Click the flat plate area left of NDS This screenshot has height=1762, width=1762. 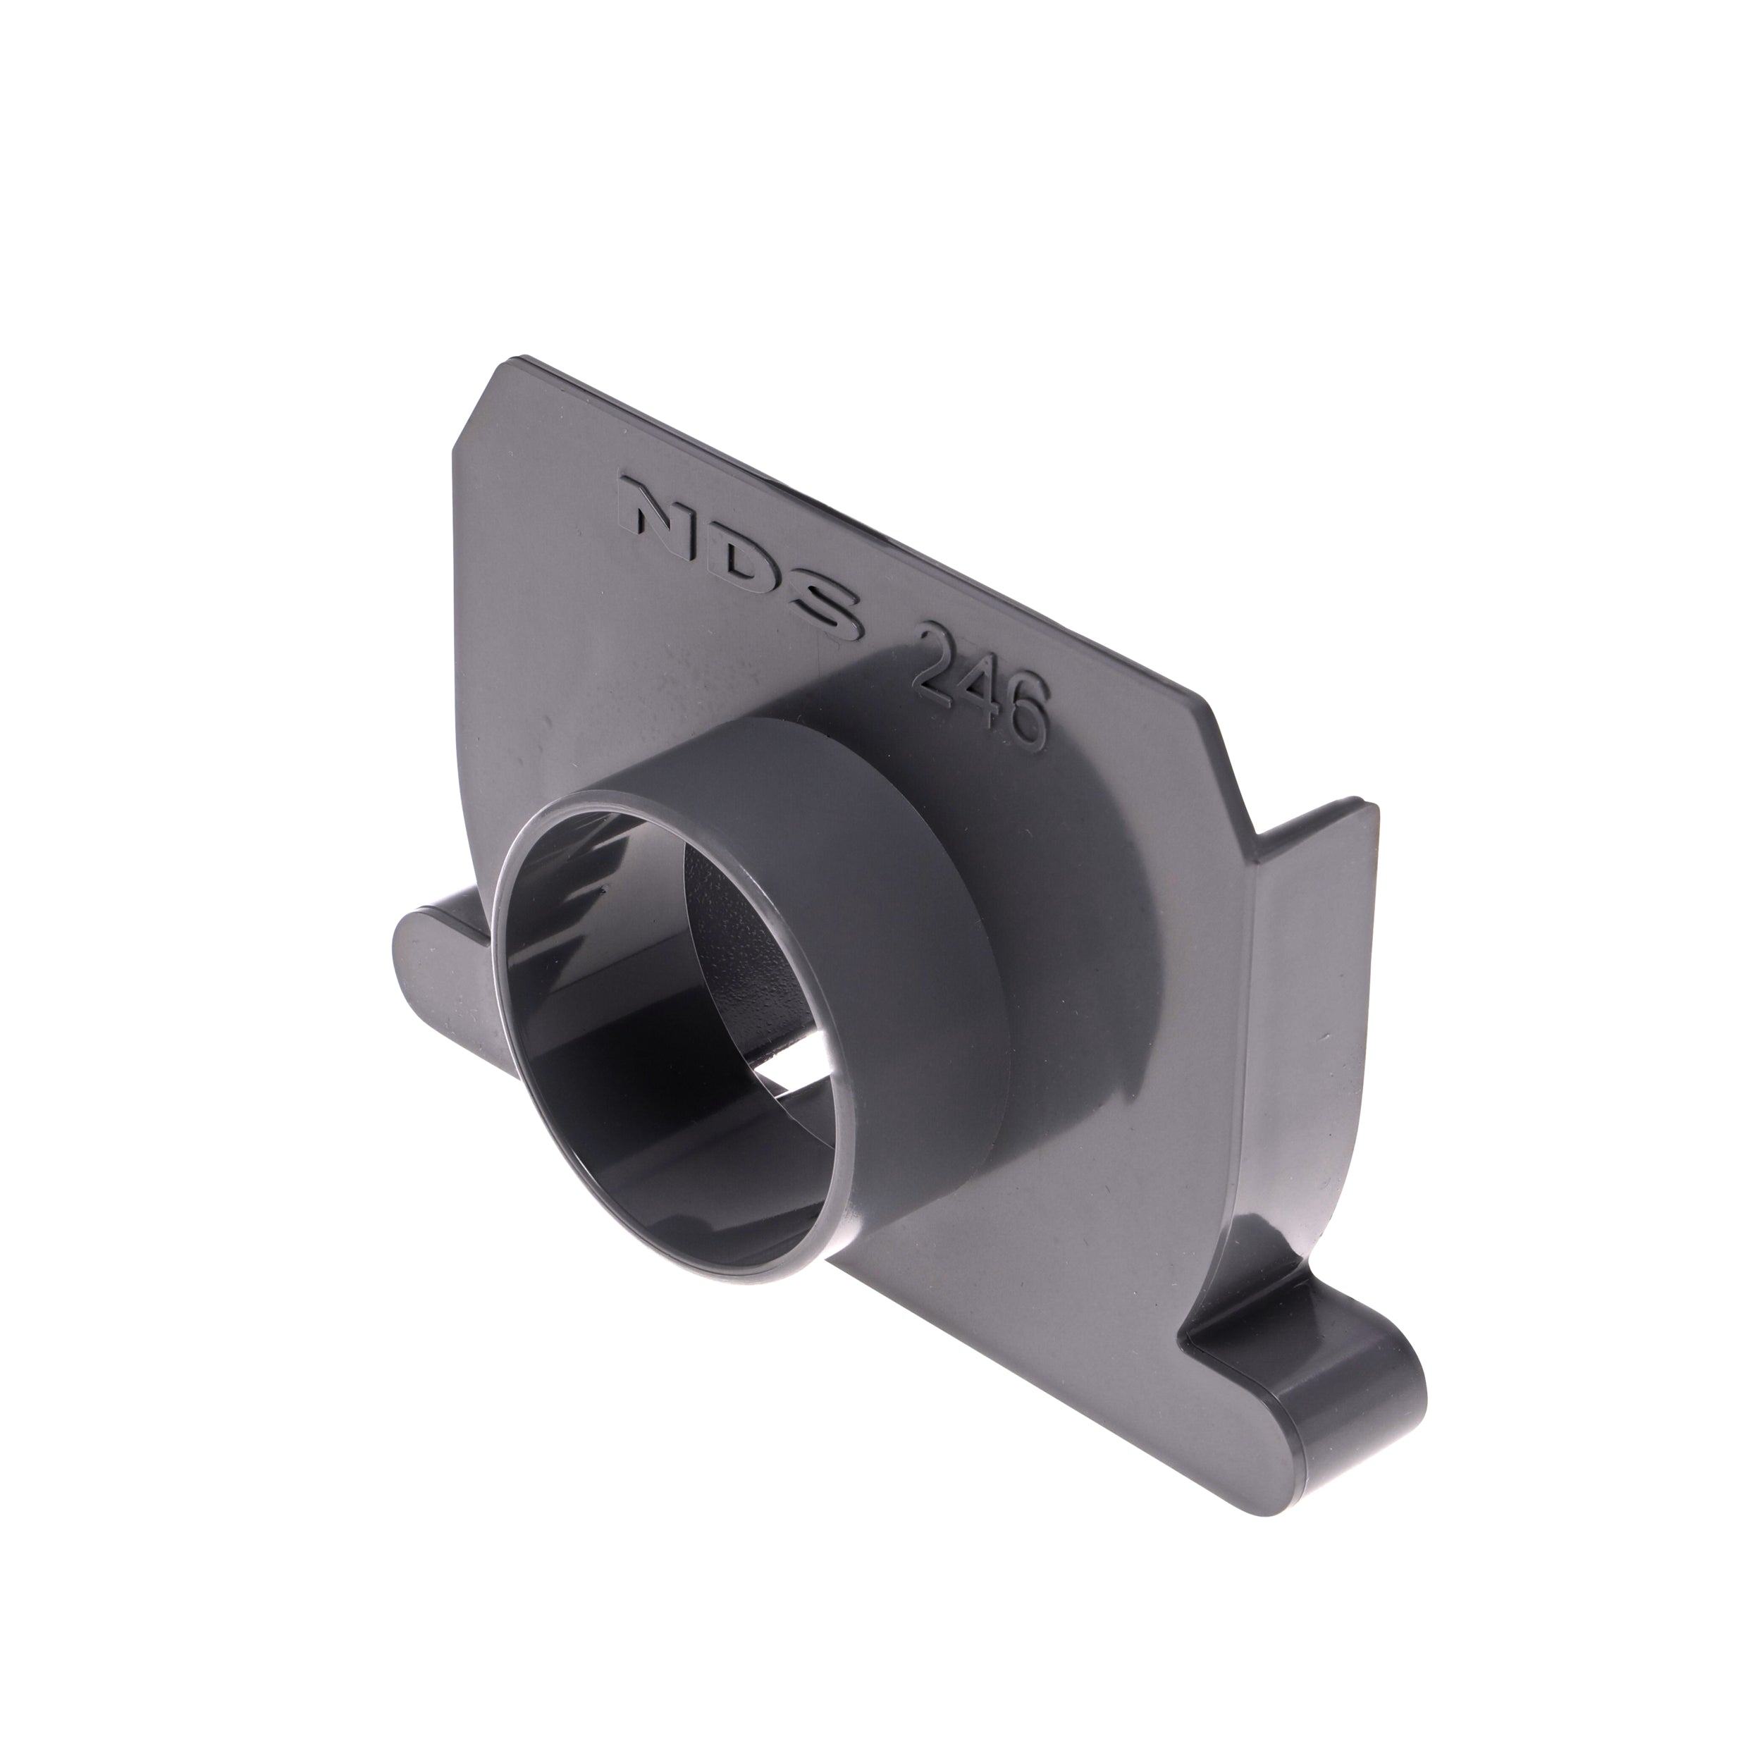coord(547,547)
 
